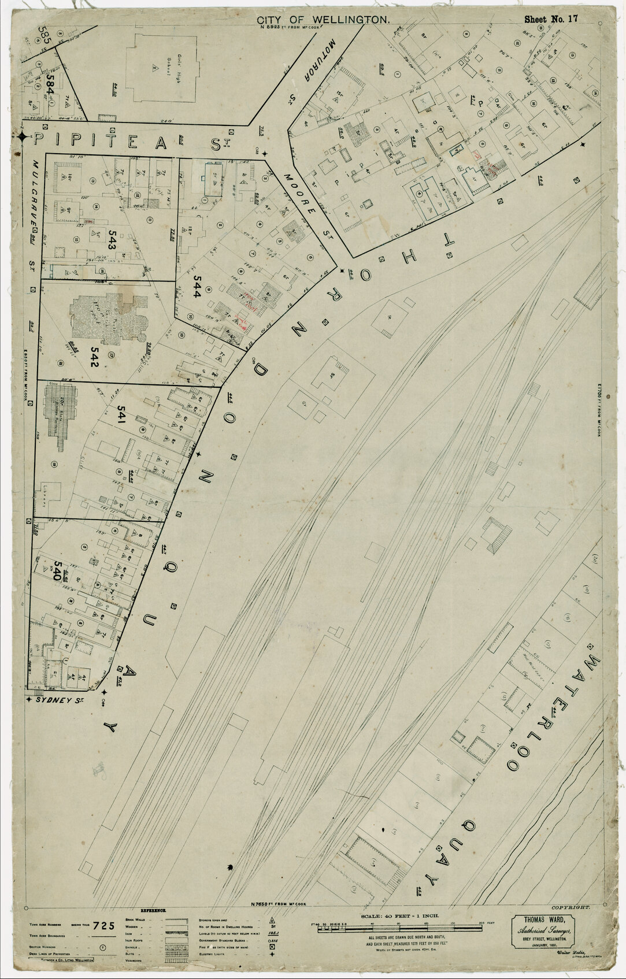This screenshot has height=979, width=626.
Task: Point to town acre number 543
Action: [x=108, y=249]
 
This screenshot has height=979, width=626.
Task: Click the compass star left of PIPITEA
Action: [x=22, y=137]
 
